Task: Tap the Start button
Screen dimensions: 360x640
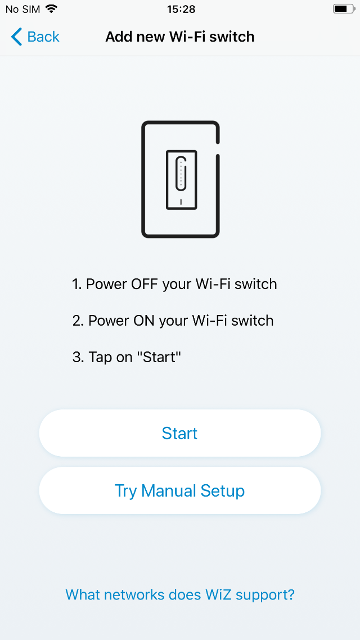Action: (179, 433)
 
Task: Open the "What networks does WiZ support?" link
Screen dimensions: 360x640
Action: (180, 594)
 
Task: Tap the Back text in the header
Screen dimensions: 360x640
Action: (43, 37)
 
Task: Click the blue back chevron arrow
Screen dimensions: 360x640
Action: (16, 37)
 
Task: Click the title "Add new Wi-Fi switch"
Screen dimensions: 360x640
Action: (180, 37)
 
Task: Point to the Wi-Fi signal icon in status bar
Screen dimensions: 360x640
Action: (51, 8)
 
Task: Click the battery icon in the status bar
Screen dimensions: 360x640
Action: (344, 8)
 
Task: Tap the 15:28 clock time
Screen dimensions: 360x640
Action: (181, 9)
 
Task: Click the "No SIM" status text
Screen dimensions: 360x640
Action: (23, 9)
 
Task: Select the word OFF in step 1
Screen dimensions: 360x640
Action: (145, 284)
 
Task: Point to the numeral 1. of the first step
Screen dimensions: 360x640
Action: (77, 284)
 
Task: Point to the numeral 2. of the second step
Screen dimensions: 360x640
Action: (78, 321)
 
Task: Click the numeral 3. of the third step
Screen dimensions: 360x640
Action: (78, 358)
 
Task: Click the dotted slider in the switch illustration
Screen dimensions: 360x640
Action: (181, 173)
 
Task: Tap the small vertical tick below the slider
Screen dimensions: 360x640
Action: (181, 202)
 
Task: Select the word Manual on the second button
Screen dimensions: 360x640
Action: (168, 490)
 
